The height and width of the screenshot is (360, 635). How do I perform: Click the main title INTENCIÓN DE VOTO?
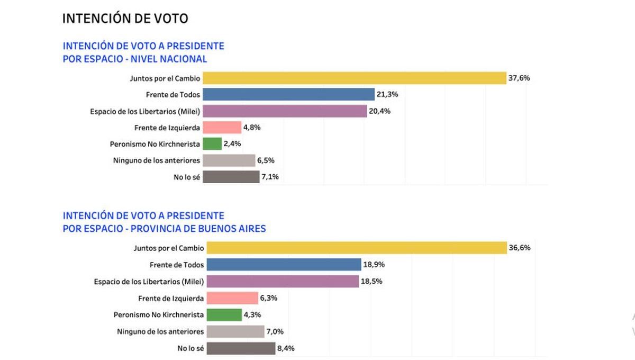click(125, 19)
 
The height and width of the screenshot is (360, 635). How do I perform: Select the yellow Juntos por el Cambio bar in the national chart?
click(355, 78)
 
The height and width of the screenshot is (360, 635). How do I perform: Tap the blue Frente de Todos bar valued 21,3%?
click(288, 94)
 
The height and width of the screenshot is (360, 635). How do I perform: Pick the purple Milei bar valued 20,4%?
click(285, 111)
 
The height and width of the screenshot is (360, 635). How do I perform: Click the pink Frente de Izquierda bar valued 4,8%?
click(222, 128)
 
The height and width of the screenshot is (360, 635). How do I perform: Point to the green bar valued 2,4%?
click(212, 144)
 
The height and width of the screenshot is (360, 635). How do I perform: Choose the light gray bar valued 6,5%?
click(229, 160)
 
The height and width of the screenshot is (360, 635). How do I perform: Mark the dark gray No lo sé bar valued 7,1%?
click(231, 177)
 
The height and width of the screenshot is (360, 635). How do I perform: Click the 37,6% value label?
click(519, 78)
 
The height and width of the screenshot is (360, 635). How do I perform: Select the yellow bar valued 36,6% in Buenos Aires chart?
click(356, 248)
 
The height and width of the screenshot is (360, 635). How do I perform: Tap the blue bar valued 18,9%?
click(284, 264)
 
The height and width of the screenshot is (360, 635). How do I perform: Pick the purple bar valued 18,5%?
click(283, 281)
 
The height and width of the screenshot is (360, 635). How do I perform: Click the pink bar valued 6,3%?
click(232, 298)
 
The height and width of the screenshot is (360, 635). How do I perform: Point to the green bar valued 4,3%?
click(224, 314)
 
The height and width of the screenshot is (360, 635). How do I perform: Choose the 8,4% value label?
click(286, 348)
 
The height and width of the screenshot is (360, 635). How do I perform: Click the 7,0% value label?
click(275, 332)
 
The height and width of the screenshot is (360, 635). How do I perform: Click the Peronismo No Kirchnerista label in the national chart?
click(155, 144)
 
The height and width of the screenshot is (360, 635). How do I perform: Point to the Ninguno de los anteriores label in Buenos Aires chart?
click(160, 331)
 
